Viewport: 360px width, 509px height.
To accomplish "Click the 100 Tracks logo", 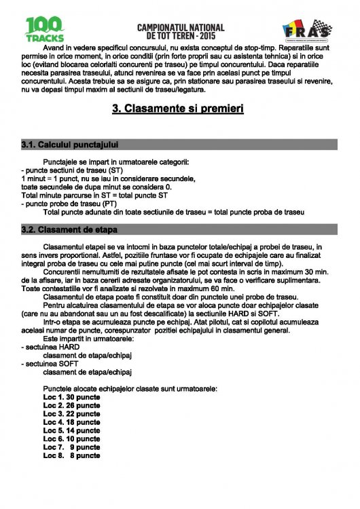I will tap(45, 30).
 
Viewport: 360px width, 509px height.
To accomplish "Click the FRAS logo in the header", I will tap(307, 31).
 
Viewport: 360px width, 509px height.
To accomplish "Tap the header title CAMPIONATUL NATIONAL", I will tap(180, 26).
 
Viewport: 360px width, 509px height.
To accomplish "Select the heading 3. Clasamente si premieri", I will tap(177, 108).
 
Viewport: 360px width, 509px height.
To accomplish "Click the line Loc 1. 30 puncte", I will tap(71, 397).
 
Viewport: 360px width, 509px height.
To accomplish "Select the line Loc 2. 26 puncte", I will tap(71, 405).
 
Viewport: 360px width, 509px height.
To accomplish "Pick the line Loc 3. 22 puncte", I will tap(71, 414).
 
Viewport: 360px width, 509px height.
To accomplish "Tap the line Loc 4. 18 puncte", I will tap(71, 422).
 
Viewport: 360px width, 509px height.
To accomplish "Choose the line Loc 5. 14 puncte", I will tap(71, 431).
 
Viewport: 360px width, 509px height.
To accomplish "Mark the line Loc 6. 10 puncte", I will tap(71, 439).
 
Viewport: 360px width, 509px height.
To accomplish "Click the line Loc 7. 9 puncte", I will tap(71, 448).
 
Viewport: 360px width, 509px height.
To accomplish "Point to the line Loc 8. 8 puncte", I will tap(71, 456).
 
